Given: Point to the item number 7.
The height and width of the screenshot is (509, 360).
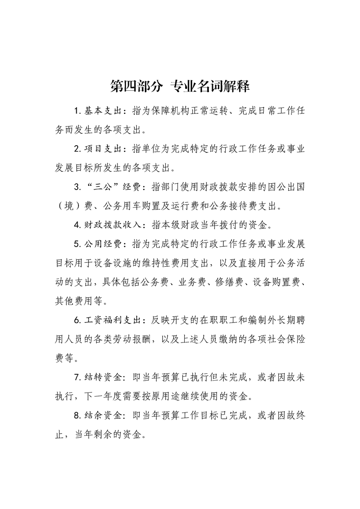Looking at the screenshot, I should (x=76, y=376).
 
